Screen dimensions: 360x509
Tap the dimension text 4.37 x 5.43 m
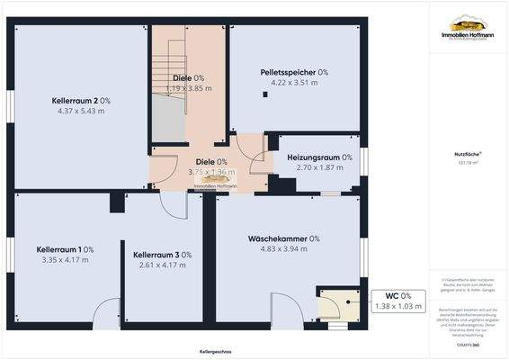click(81, 112)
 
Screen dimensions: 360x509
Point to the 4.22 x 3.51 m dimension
click(294, 84)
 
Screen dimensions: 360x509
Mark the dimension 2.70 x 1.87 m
click(319, 168)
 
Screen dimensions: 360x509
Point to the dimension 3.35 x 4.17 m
click(65, 260)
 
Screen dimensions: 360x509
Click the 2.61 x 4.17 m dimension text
click(162, 266)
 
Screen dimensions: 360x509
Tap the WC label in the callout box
click(392, 296)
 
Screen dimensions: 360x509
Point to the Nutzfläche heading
click(465, 155)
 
